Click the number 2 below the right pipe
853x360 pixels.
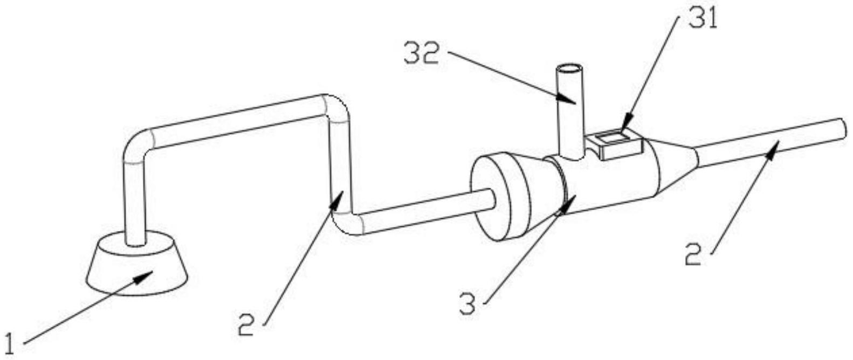click(x=693, y=254)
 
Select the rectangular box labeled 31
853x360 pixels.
click(x=615, y=143)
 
